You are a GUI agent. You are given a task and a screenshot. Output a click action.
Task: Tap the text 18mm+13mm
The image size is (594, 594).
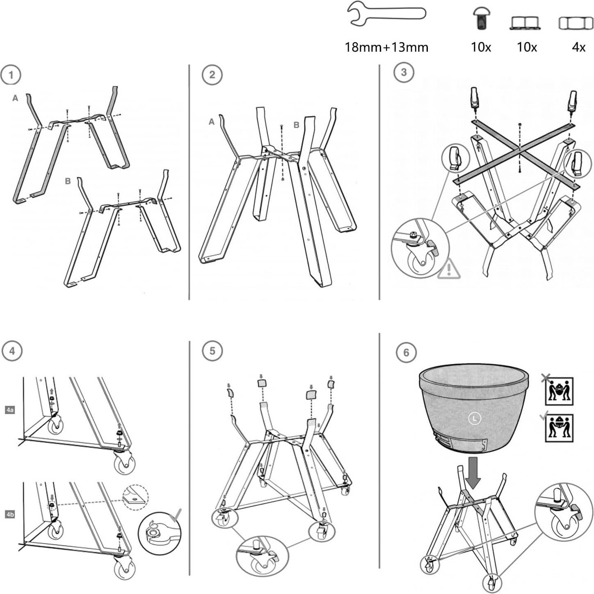[x=386, y=47]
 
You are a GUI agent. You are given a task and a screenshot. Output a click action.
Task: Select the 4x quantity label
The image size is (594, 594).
[x=578, y=47]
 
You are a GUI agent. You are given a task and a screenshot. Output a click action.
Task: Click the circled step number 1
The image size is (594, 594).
[x=11, y=75]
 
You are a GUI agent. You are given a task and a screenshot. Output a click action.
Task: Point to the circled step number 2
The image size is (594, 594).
[x=212, y=75]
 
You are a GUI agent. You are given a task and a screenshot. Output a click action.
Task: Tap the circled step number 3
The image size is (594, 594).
[x=404, y=73]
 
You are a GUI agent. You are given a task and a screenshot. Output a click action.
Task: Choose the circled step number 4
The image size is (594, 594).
[x=12, y=351]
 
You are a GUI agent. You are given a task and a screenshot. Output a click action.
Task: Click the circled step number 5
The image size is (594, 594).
[x=212, y=351]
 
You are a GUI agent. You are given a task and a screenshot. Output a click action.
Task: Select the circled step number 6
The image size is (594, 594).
[x=406, y=352]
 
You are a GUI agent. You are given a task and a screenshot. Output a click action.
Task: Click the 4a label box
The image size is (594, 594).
[x=10, y=410]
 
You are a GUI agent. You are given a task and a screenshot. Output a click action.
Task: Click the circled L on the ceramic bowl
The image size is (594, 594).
[x=475, y=418]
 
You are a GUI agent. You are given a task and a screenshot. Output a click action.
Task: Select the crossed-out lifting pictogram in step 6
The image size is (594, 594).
[x=559, y=391]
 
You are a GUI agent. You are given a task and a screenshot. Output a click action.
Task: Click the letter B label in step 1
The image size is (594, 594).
[x=68, y=181]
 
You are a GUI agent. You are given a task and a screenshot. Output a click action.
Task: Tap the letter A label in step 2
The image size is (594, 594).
[x=211, y=122]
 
